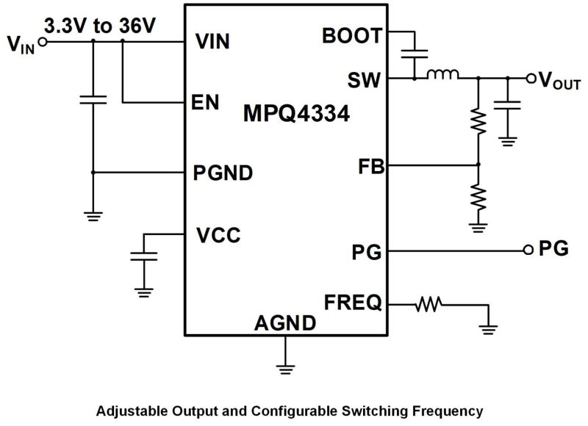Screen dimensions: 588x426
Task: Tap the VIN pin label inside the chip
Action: click(213, 42)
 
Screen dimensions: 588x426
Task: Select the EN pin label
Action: click(207, 102)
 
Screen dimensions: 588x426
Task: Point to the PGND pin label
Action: click(223, 173)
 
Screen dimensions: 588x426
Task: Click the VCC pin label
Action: click(218, 236)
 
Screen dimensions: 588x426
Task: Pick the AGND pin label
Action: click(285, 322)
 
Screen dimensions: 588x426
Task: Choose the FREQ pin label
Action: click(353, 302)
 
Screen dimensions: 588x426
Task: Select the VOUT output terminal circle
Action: click(531, 78)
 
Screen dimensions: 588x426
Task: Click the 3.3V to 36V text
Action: click(101, 26)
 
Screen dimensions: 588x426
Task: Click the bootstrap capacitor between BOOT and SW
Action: click(416, 54)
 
